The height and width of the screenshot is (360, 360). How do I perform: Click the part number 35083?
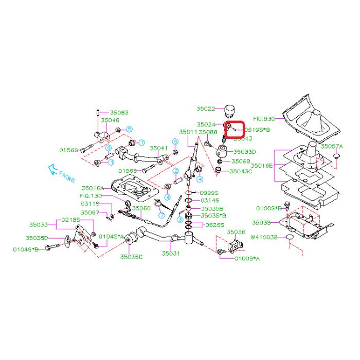pyautogui.click(x=118, y=112)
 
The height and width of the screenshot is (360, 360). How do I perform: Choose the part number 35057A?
pyautogui.click(x=332, y=146)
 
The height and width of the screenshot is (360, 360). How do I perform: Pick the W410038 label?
pyautogui.click(x=264, y=237)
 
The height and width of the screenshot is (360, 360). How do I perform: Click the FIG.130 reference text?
pyautogui.click(x=91, y=196)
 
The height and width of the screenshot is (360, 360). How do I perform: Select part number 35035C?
pyautogui.click(x=132, y=256)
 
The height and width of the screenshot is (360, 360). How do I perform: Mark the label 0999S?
pyautogui.click(x=210, y=192)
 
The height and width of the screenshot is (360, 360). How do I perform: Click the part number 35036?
pyautogui.click(x=236, y=232)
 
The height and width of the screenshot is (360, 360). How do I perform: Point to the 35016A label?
pyautogui.click(x=93, y=188)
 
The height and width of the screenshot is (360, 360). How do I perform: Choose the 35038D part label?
pyautogui.click(x=37, y=238)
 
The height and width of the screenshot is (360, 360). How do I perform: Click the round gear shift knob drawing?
pyautogui.click(x=229, y=110)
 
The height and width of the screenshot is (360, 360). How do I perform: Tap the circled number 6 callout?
pyautogui.click(x=109, y=148)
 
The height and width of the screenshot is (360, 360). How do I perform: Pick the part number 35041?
pyautogui.click(x=159, y=148)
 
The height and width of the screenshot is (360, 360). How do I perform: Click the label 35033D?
pyautogui.click(x=245, y=152)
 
